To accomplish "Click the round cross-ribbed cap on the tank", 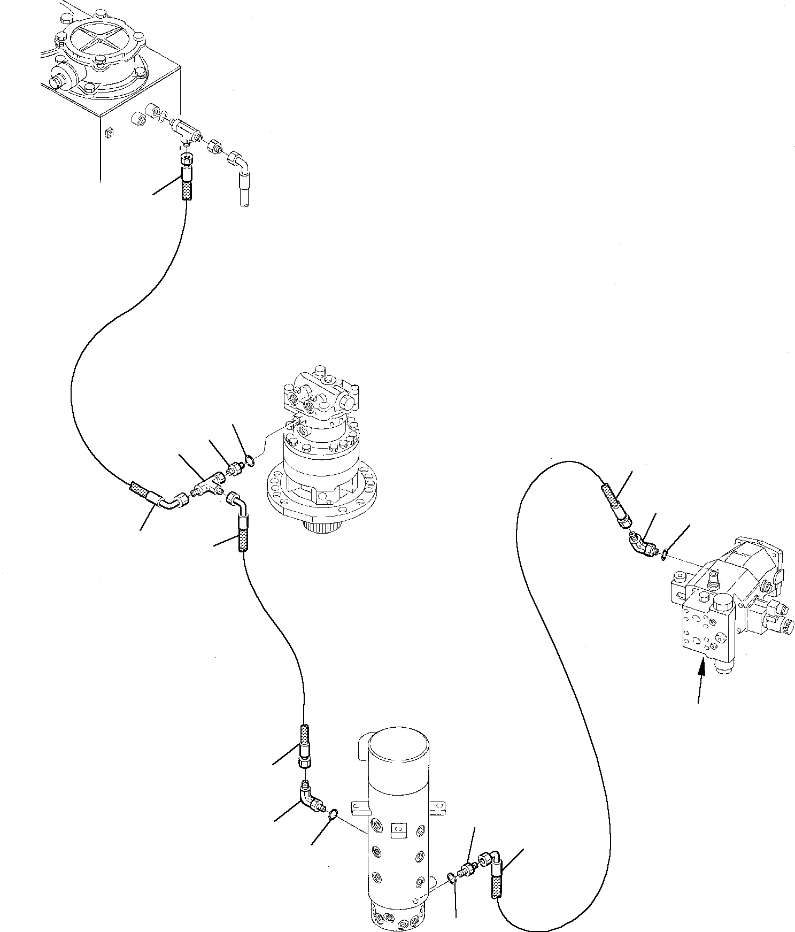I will (x=100, y=42).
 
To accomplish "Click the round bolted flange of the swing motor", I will (x=326, y=487).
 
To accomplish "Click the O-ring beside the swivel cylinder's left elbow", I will (x=332, y=814).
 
